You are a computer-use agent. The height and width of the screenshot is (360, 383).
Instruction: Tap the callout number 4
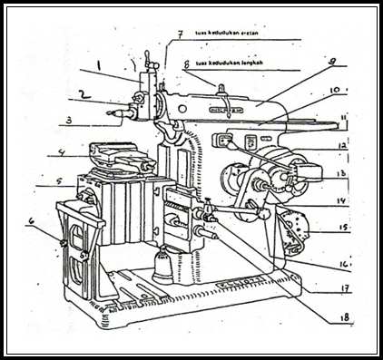59,151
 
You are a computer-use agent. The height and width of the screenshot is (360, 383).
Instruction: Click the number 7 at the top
180,34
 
